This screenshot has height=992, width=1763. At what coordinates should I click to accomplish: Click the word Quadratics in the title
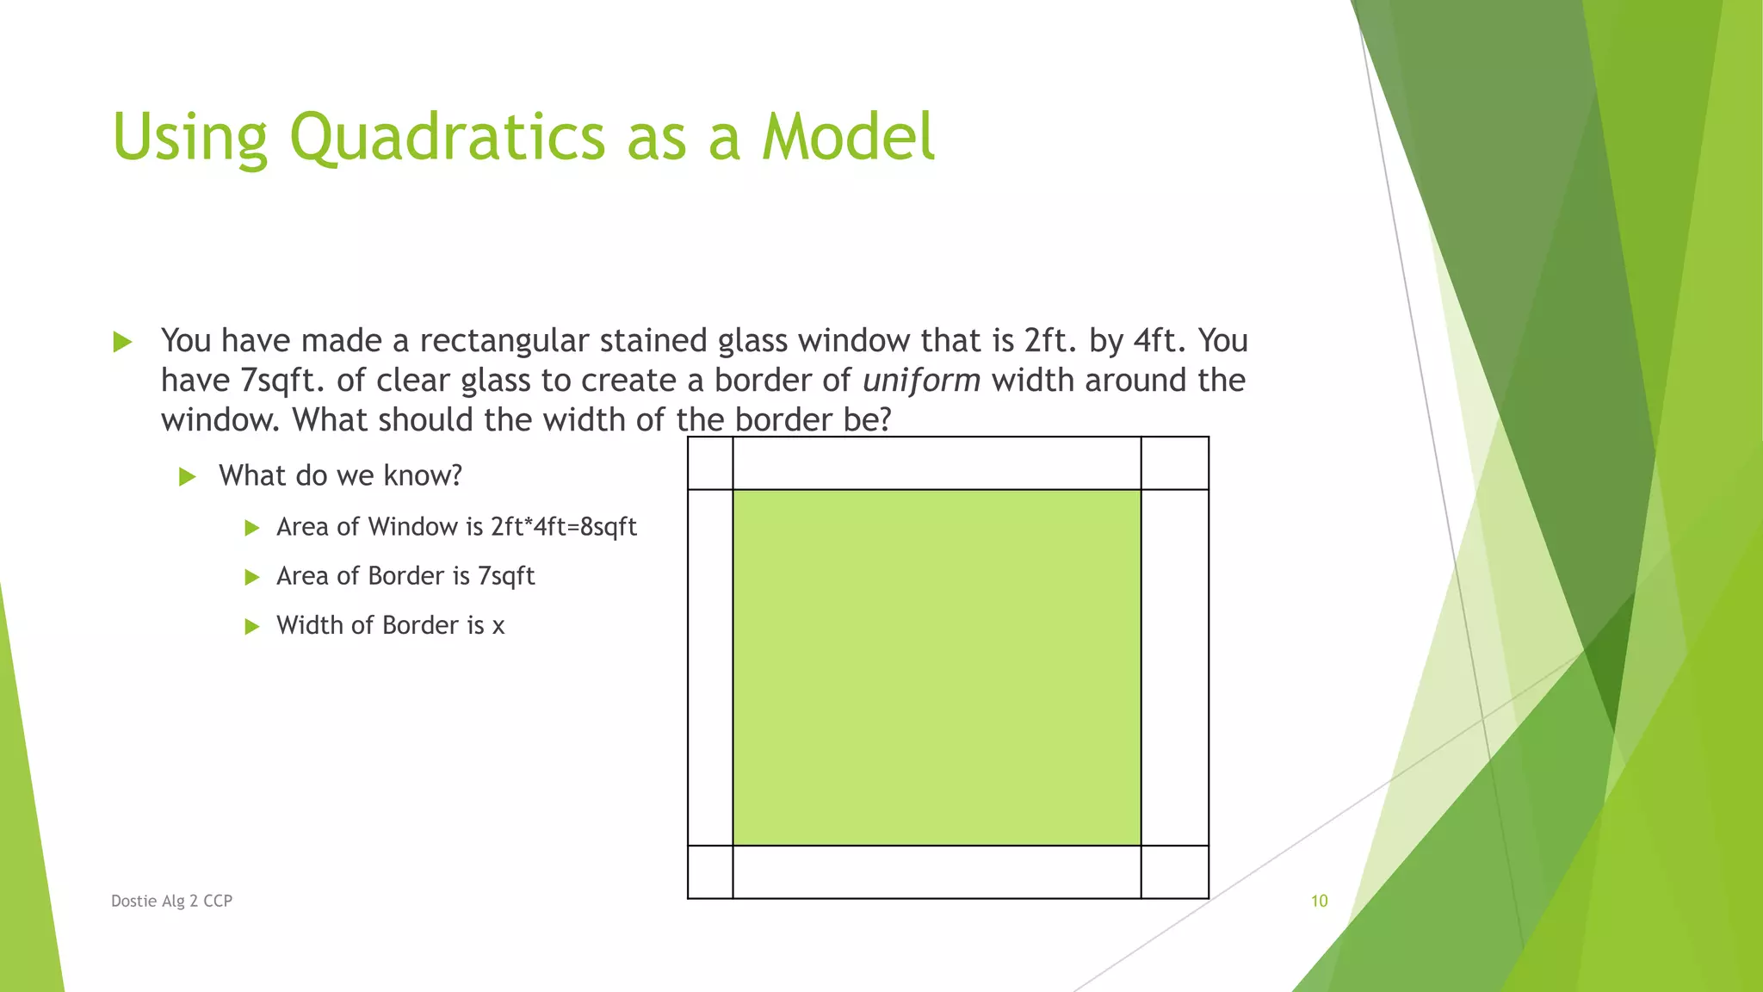448,138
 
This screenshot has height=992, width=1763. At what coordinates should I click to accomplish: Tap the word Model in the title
848,138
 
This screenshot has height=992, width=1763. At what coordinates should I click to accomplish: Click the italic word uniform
921,381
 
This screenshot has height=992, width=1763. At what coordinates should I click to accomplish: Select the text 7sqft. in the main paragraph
281,381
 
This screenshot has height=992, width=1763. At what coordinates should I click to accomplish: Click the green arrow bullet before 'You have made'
122,342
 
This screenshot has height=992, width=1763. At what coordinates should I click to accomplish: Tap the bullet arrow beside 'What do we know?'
188,476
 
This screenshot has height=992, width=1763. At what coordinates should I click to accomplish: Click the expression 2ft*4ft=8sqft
564,527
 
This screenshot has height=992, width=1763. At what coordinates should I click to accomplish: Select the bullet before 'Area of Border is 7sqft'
251,577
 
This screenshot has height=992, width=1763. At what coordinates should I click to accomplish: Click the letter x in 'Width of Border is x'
498,626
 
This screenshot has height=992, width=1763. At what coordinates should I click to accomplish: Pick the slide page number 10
1319,901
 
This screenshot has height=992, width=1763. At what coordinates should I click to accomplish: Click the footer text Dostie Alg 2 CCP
171,901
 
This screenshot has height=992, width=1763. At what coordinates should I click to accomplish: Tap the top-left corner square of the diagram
710,463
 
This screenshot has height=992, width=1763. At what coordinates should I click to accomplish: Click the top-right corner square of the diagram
1175,463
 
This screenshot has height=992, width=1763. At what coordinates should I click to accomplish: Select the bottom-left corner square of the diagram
710,871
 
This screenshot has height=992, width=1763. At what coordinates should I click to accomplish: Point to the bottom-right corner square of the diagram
1175,871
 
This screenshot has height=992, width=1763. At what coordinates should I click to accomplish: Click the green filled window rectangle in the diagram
937,667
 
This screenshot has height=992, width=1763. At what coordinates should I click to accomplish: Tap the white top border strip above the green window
937,463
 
